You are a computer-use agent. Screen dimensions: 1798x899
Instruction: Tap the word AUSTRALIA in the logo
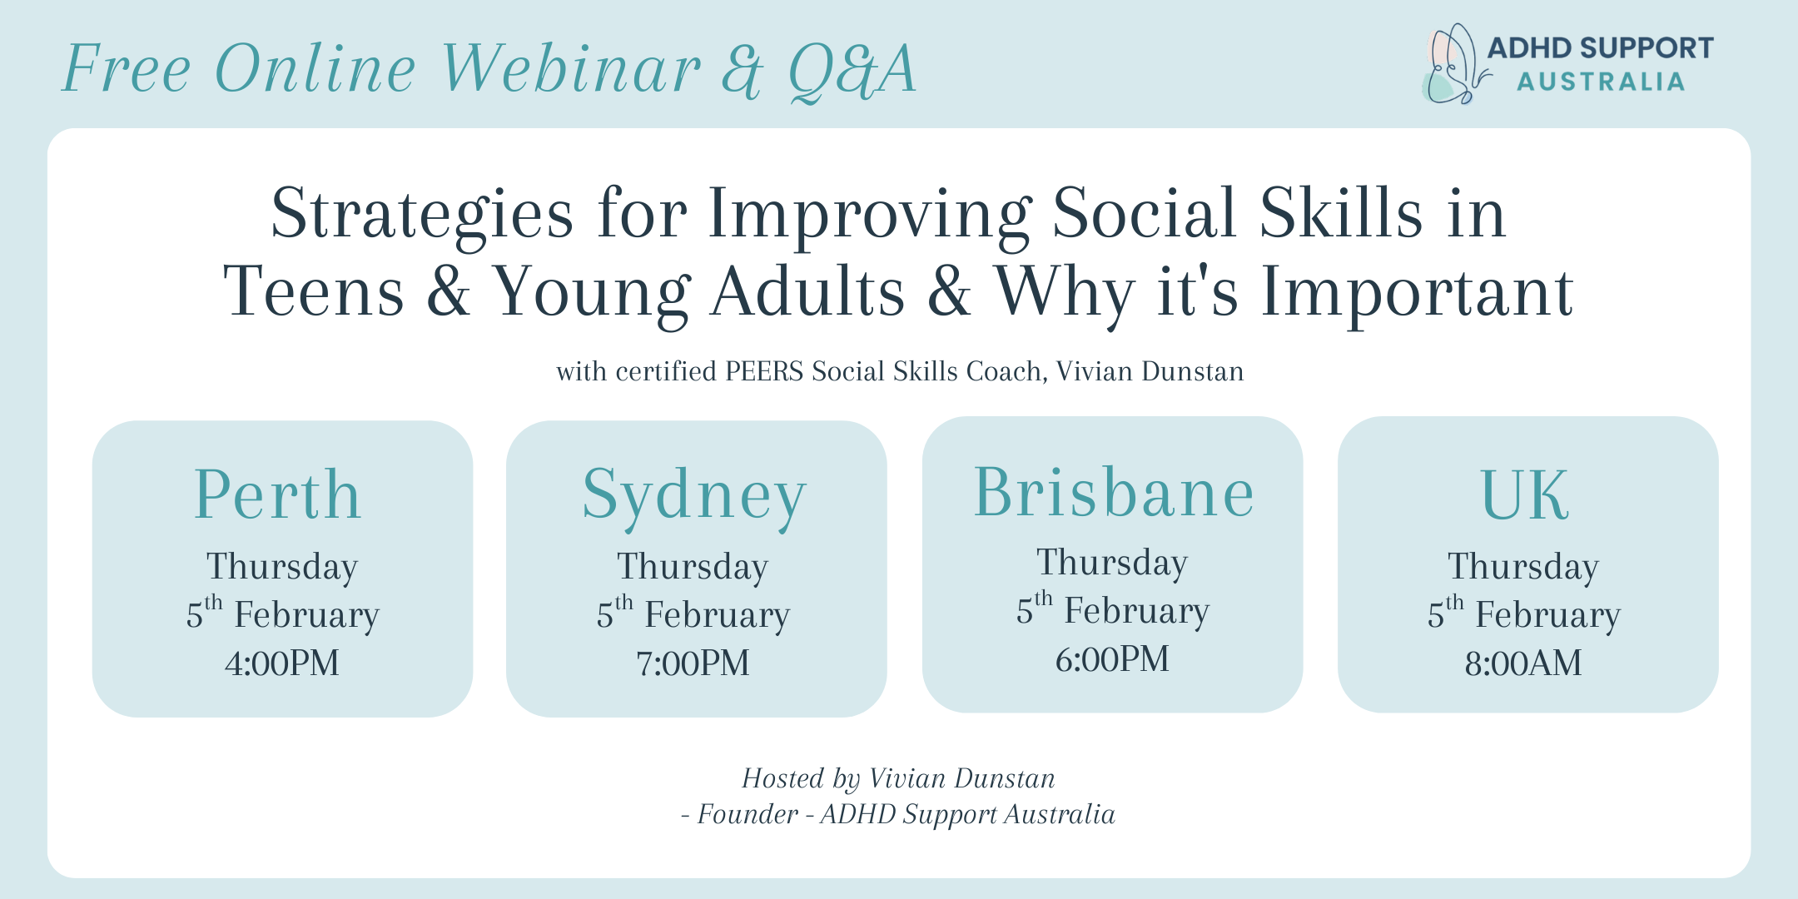coord(1601,82)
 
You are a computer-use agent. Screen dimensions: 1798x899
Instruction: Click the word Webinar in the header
coord(571,68)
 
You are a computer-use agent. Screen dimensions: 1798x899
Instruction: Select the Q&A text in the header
coord(852,72)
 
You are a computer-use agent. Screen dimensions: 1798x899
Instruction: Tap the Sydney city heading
coord(694,498)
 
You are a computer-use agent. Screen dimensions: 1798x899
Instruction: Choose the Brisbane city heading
coord(1114,492)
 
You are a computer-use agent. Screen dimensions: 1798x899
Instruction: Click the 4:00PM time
coord(282,663)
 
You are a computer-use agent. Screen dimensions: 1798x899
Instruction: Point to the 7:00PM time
coord(693,663)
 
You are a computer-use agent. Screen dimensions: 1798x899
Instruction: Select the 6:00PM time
coord(1112,659)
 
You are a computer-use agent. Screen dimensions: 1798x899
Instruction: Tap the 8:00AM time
coord(1523,663)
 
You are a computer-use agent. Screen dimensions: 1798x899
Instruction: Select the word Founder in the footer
coord(748,814)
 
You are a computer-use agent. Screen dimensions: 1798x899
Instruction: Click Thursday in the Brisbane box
coord(1112,564)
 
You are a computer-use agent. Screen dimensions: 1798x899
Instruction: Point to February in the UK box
coord(1548,616)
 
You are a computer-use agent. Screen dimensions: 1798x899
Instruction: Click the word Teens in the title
coord(314,292)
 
